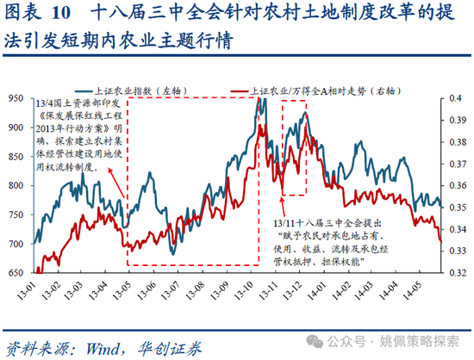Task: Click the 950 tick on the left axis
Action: [x=16, y=99]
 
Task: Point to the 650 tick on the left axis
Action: [x=16, y=273]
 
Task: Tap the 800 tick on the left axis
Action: [x=16, y=186]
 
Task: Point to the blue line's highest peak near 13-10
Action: [x=258, y=100]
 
